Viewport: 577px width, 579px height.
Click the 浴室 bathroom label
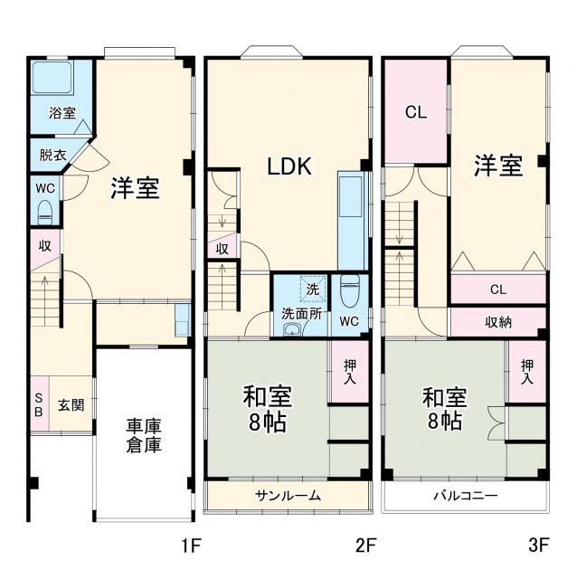[62, 113]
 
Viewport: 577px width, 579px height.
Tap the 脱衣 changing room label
[52, 154]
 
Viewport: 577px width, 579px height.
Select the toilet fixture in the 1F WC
[45, 212]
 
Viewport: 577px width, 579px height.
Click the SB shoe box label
[38, 403]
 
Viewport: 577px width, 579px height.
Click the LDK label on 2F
[288, 166]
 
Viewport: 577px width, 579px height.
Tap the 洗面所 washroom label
[300, 313]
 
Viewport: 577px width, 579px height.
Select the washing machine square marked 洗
[312, 289]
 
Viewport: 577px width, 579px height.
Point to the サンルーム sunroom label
[288, 495]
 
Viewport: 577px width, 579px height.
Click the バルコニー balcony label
[464, 495]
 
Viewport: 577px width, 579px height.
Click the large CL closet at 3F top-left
[415, 112]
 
